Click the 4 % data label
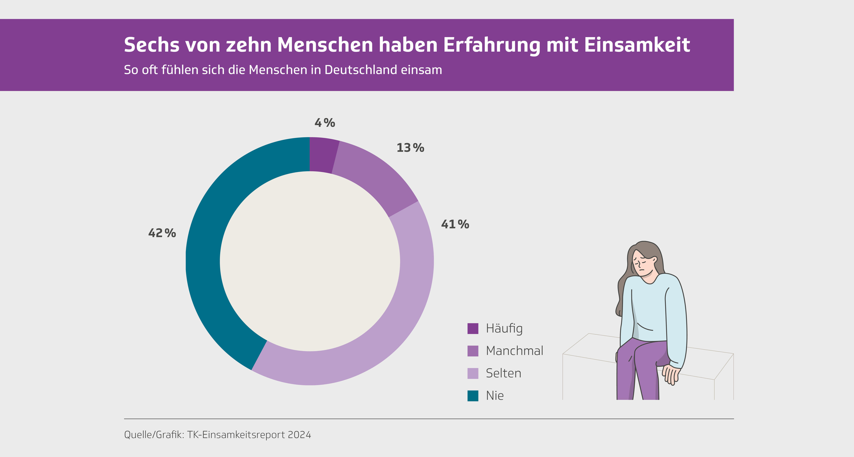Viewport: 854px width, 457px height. pyautogui.click(x=325, y=123)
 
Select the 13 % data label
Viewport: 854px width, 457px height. pyautogui.click(x=410, y=148)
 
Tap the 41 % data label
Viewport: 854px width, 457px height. pyautogui.click(x=455, y=224)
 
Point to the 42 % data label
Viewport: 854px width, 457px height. pyautogui.click(x=162, y=233)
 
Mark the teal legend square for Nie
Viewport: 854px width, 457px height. pyautogui.click(x=473, y=396)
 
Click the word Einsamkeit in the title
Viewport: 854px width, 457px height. pyautogui.click(x=637, y=45)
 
